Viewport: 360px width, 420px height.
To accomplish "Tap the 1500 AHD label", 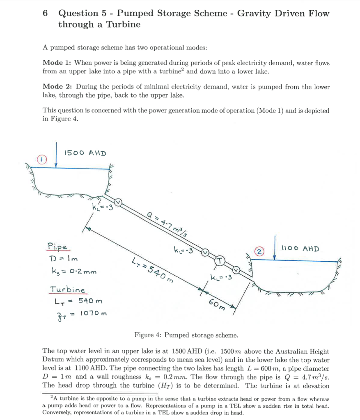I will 85,153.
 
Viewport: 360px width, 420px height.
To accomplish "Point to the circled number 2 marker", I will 259,251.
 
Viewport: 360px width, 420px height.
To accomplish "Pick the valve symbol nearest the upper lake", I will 118,201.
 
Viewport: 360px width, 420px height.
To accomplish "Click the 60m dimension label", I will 216,305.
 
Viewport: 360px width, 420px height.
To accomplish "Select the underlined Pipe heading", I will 57,247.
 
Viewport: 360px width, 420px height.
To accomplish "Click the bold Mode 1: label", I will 57,63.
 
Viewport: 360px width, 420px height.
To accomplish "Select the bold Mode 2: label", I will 57,87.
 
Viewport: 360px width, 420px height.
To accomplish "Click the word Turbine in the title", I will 124,24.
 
